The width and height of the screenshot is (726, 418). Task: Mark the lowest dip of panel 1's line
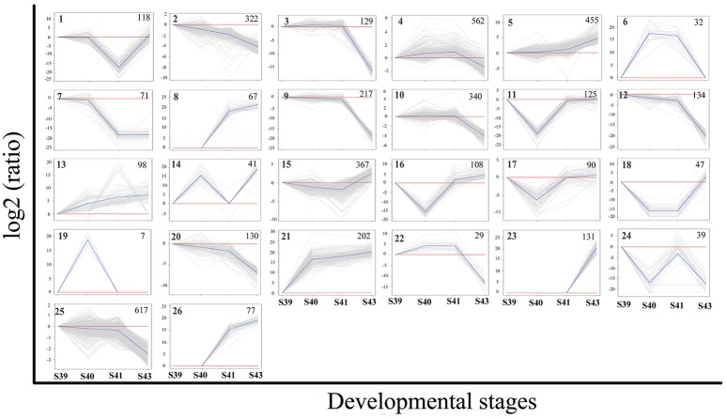pyautogui.click(x=117, y=68)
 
